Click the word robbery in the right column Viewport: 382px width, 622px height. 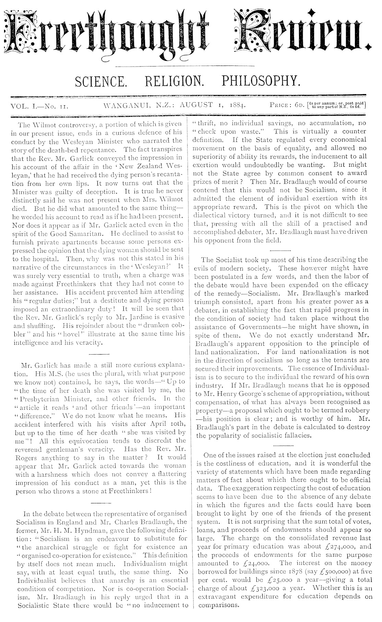point(354,410)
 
